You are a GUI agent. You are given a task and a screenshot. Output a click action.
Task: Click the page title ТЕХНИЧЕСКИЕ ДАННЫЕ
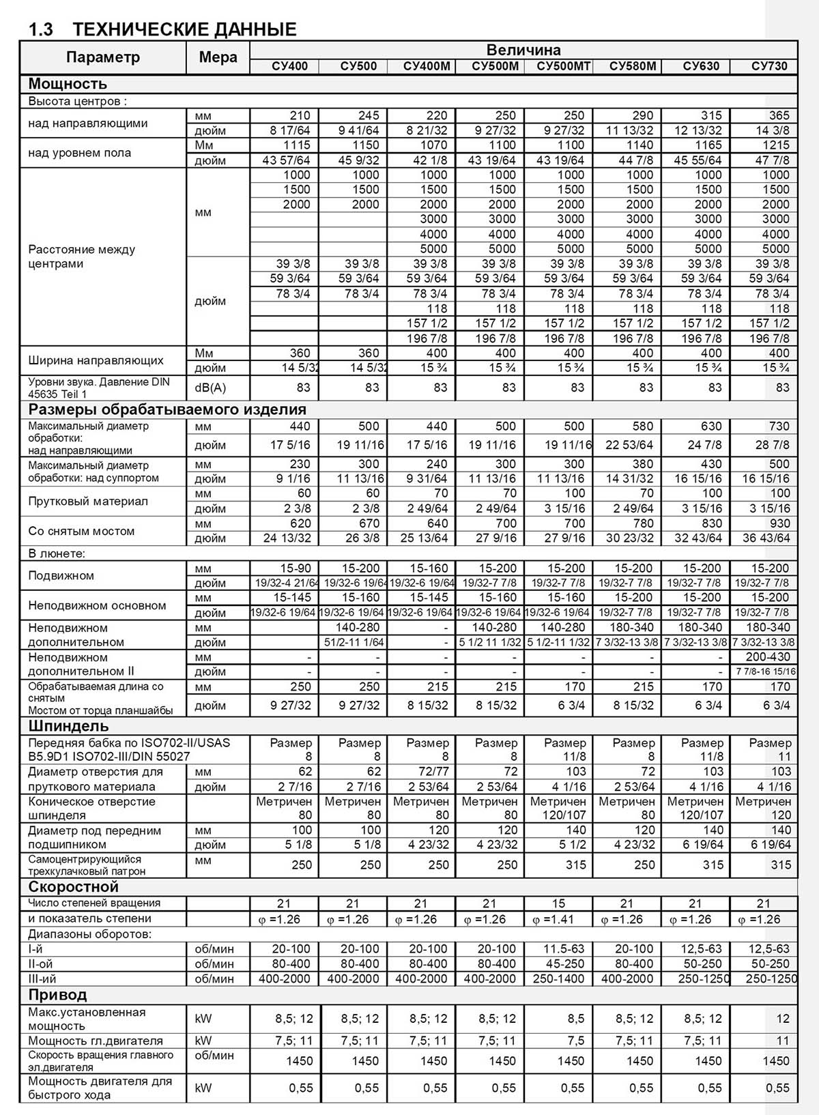point(184,29)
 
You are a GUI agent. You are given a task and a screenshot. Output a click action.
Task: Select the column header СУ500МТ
point(563,66)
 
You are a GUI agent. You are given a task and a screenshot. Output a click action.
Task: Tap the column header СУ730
point(769,66)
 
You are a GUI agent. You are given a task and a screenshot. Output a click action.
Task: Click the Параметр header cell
point(103,57)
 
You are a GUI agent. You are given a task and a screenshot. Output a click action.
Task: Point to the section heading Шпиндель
point(68,725)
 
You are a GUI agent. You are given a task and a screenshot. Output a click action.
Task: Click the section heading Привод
point(57,994)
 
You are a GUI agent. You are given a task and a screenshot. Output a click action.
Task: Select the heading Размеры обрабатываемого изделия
point(167,409)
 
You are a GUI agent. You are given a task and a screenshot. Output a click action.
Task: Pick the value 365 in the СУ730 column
point(779,115)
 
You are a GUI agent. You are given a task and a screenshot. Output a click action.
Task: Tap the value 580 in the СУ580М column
point(642,426)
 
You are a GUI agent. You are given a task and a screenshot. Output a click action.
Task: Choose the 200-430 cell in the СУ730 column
point(768,657)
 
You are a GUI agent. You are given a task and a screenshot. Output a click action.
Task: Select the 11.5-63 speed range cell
point(564,949)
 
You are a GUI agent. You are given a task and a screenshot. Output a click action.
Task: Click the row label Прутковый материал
point(88,501)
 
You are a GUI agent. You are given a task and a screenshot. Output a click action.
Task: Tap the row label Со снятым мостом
point(81,531)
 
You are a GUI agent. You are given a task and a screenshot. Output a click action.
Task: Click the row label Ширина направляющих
point(96,360)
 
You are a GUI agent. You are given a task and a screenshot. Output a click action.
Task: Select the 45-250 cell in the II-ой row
point(564,964)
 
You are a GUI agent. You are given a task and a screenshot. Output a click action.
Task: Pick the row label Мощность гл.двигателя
point(96,1041)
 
